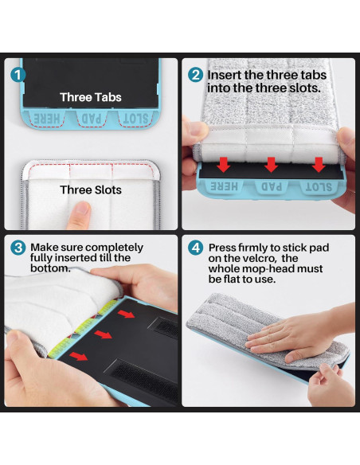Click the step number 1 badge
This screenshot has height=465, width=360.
coord(18,75)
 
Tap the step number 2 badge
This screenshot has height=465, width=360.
coord(195,75)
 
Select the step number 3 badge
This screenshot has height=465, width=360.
coord(18,248)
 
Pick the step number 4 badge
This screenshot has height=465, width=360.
coord(195,248)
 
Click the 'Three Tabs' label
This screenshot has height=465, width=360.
coord(91,97)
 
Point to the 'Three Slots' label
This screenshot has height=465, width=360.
coord(91,190)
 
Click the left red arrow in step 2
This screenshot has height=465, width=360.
coord(223,165)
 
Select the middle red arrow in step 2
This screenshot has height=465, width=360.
coord(271,165)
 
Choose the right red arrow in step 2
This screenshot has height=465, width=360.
coord(319,165)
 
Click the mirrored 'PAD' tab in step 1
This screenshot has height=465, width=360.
coord(91,119)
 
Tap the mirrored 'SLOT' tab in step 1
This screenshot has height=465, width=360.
coord(135,119)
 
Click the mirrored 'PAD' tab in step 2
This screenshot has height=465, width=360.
coord(272,187)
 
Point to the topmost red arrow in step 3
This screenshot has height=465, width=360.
coord(126,314)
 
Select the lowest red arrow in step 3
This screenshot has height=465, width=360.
coord(78,357)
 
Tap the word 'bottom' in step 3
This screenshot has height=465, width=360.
coord(49,268)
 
